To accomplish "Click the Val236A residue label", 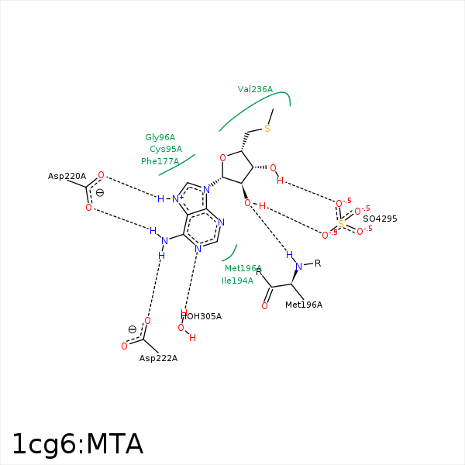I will point(255,90).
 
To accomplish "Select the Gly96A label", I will point(160,137).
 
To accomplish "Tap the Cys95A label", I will point(166,149).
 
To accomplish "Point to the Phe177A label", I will point(160,161).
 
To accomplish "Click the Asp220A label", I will point(67,177).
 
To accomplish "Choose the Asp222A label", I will point(158,358).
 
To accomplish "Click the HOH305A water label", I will point(201,316).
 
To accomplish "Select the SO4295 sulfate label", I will point(380,219).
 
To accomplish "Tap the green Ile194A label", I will point(237,281).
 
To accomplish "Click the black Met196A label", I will point(303,305).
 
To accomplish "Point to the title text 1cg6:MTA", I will point(77,444).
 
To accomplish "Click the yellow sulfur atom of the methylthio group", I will point(267,129).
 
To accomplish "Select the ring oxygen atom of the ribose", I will point(222,158).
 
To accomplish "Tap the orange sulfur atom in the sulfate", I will point(340,224).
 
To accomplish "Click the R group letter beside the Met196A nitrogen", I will point(317,263).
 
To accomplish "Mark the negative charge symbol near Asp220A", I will point(100,192).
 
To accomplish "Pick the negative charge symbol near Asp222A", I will point(132,329).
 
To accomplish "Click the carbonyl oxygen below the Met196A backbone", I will point(264,306).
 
